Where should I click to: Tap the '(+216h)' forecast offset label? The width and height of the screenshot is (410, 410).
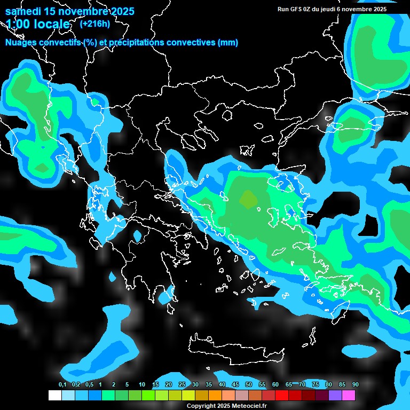(94, 23)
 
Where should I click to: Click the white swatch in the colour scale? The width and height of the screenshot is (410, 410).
(54, 396)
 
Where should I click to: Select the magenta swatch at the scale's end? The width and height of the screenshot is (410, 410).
(349, 396)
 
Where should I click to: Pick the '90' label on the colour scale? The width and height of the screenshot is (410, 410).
(356, 385)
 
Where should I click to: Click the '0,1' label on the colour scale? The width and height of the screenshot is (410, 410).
(62, 385)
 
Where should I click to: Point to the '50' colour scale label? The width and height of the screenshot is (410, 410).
(249, 385)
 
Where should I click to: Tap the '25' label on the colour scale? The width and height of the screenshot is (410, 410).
(182, 385)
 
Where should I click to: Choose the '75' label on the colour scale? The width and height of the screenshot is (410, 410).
(316, 385)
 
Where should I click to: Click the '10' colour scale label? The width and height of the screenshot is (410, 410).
(142, 385)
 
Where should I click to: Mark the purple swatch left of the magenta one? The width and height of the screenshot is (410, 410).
(335, 396)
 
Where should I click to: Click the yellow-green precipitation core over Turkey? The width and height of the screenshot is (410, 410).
(248, 199)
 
